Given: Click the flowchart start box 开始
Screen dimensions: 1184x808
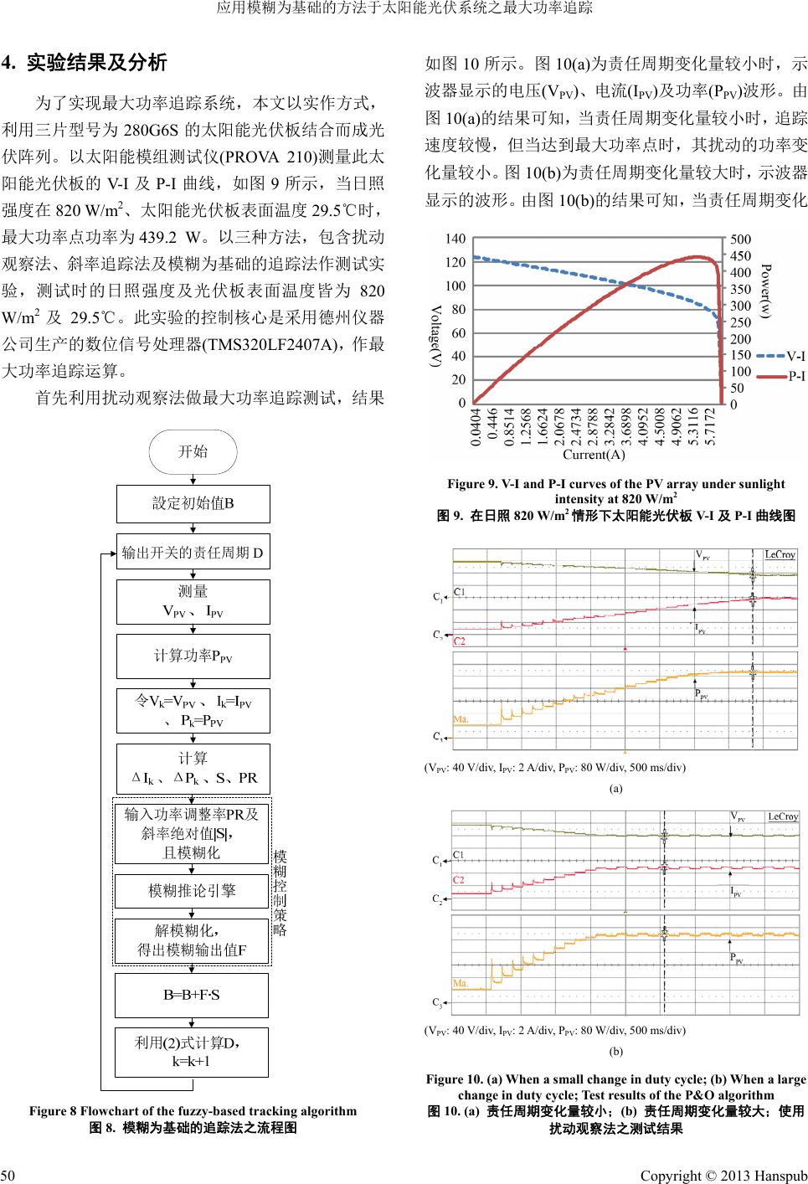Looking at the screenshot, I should pyautogui.click(x=193, y=452).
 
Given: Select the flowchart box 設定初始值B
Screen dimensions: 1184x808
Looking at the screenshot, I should pyautogui.click(x=193, y=503).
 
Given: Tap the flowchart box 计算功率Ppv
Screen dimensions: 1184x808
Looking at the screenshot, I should pyautogui.click(x=193, y=656).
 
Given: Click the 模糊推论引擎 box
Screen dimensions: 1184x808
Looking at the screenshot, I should pyautogui.click(x=192, y=891).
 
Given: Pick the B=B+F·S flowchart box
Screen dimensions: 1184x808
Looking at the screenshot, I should pyautogui.click(x=192, y=995).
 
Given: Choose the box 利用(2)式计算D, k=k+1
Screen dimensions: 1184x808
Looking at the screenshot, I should pyautogui.click(x=192, y=1052).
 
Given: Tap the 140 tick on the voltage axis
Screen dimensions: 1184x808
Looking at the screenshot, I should pyautogui.click(x=455, y=239).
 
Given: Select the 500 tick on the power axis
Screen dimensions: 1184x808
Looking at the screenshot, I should pyautogui.click(x=741, y=239).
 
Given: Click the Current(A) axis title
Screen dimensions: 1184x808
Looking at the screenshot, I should pyautogui.click(x=594, y=455).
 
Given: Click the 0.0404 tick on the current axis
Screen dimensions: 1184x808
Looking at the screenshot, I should pyautogui.click(x=476, y=427).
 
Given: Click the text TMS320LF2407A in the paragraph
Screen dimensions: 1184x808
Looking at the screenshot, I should pyautogui.click(x=275, y=344).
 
